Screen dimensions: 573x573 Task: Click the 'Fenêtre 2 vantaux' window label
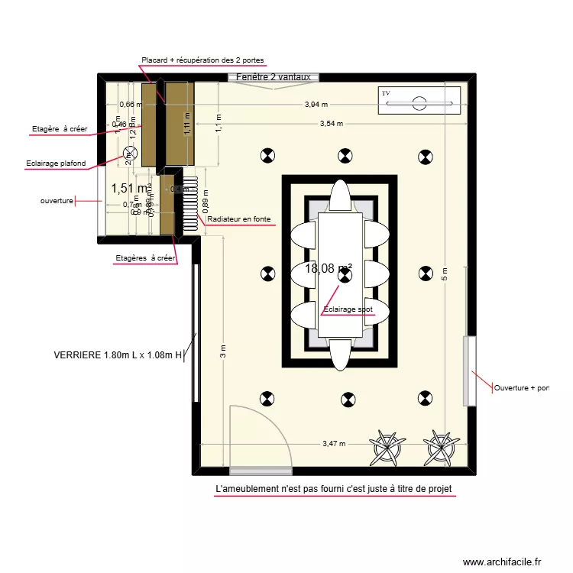click(273, 77)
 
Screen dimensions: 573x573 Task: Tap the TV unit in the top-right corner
click(420, 101)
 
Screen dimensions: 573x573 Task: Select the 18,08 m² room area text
click(329, 268)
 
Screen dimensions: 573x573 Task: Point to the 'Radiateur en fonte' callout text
click(239, 219)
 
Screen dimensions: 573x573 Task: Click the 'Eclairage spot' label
click(348, 309)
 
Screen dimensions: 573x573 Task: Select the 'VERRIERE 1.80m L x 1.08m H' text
click(118, 354)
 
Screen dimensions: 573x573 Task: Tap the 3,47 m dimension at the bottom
click(334, 443)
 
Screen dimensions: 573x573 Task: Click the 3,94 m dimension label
click(316, 105)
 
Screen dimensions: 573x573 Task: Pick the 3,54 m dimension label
click(332, 123)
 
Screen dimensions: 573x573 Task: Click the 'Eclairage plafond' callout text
click(56, 163)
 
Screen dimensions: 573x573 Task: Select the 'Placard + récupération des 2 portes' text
click(203, 60)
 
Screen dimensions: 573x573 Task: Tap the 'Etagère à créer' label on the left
click(60, 129)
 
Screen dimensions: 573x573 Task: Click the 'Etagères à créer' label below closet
click(145, 258)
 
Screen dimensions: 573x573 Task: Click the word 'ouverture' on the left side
click(57, 201)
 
